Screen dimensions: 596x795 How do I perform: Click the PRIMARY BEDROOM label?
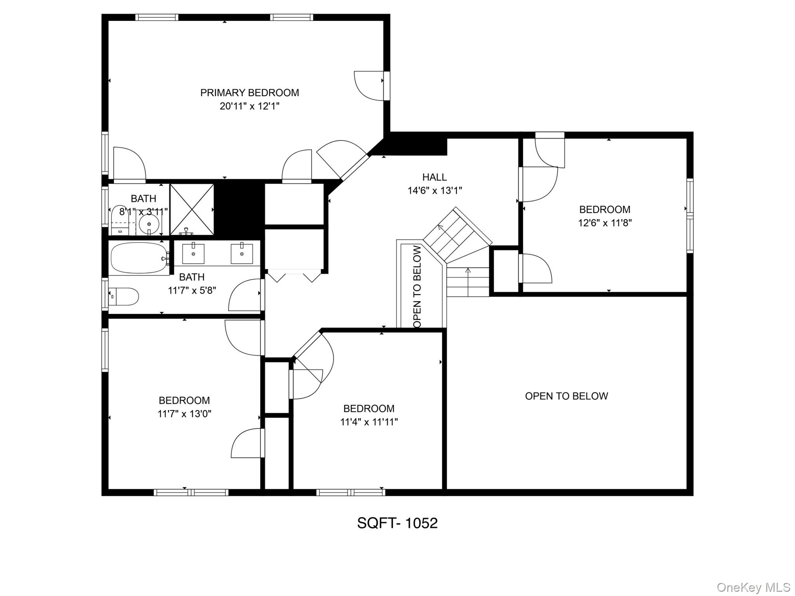(x=249, y=93)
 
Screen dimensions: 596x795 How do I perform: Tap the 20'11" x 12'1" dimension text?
(x=249, y=106)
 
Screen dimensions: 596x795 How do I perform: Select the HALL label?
(x=434, y=177)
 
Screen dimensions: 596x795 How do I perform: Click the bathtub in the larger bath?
(x=139, y=258)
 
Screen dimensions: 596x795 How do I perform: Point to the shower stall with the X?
(x=192, y=209)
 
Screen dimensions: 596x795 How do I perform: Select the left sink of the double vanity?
(x=193, y=254)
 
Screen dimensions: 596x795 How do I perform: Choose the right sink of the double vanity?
(x=241, y=254)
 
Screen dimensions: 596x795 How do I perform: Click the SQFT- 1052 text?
(x=397, y=523)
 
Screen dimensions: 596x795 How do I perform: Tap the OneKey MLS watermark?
(x=753, y=587)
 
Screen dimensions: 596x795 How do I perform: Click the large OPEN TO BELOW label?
(x=566, y=396)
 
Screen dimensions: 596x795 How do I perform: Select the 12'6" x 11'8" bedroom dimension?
(x=605, y=223)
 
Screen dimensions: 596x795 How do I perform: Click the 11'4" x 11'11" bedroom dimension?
(x=369, y=422)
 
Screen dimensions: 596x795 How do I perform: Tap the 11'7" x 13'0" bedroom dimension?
(x=184, y=414)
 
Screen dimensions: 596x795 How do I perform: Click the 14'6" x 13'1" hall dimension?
(x=434, y=191)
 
